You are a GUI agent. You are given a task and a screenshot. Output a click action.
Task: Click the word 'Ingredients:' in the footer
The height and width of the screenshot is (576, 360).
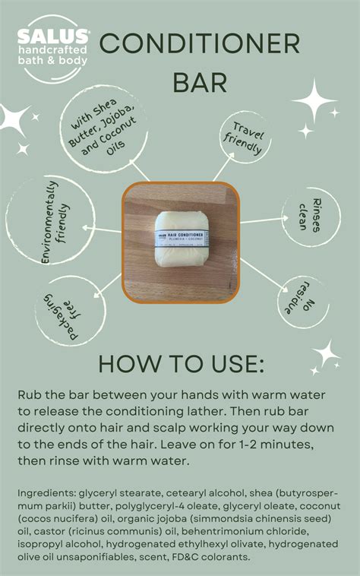(x=49, y=493)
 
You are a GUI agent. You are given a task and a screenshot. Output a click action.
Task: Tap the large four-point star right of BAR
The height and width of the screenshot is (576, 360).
(x=314, y=100)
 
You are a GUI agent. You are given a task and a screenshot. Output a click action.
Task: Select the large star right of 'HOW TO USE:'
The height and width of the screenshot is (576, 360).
(x=326, y=354)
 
